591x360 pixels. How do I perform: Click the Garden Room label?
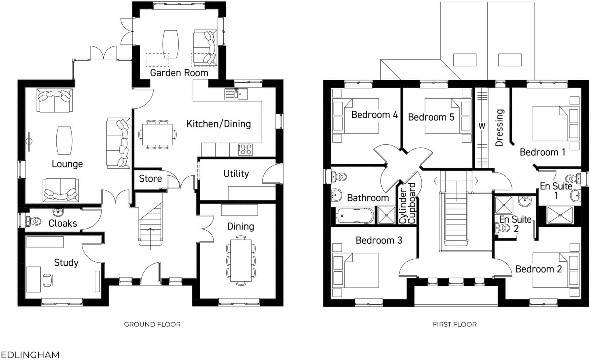click(x=179, y=73)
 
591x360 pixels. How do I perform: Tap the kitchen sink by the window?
click(x=236, y=94)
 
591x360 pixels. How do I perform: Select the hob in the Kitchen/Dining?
click(x=245, y=149)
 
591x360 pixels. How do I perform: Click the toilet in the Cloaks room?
click(x=33, y=221)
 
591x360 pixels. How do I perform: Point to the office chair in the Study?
click(x=47, y=280)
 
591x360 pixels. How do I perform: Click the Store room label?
click(x=150, y=179)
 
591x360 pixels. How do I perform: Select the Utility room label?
click(x=236, y=174)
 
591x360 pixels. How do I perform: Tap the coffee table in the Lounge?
click(x=64, y=140)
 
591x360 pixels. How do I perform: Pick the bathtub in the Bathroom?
click(x=355, y=216)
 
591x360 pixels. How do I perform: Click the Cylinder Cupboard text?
click(x=407, y=204)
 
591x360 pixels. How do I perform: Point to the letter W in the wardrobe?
click(x=482, y=126)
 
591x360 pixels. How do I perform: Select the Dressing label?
click(x=499, y=128)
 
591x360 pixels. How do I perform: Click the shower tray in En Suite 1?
click(x=559, y=215)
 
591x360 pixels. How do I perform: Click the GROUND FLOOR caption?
click(x=152, y=324)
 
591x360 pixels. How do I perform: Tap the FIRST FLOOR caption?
click(x=454, y=324)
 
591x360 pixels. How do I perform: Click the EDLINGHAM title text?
click(x=30, y=355)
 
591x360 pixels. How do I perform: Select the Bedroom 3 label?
click(x=378, y=240)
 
